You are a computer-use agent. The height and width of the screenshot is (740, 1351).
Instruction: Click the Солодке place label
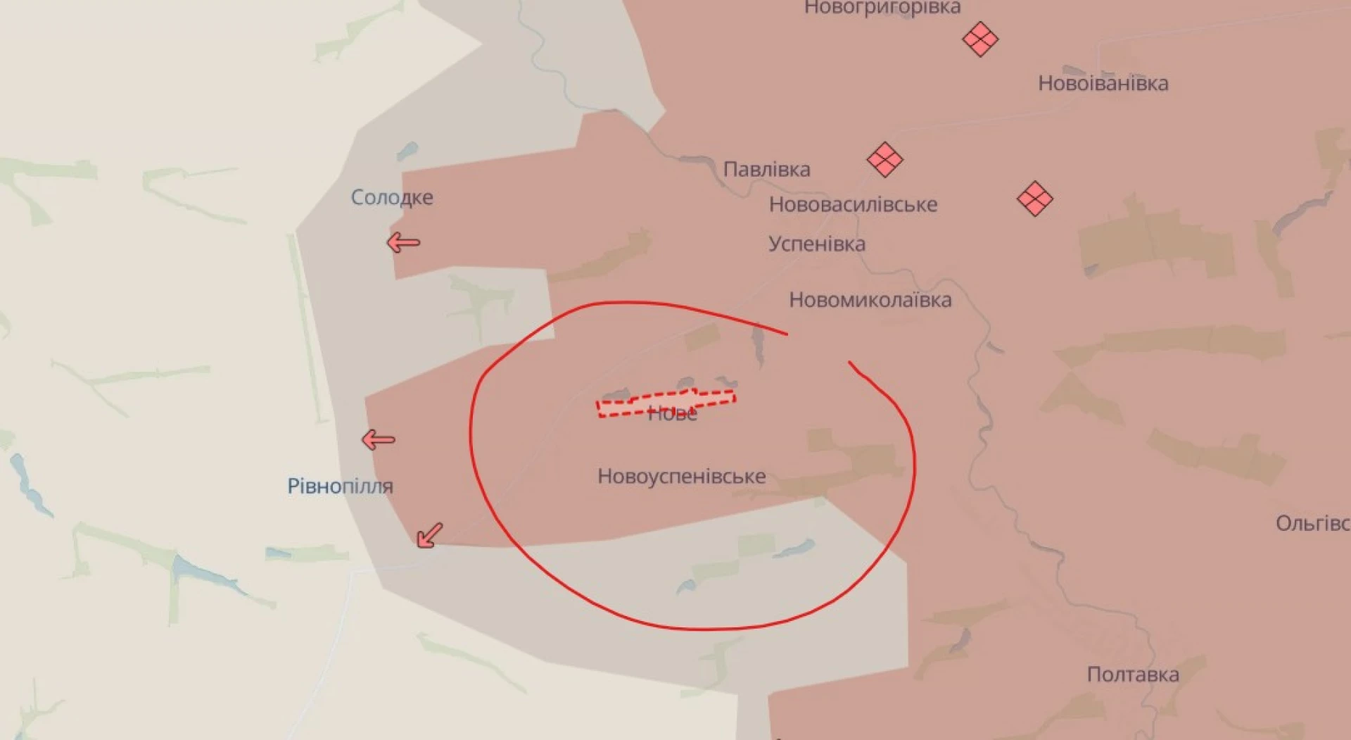(392, 197)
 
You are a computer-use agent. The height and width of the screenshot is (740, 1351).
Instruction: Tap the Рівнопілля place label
(340, 486)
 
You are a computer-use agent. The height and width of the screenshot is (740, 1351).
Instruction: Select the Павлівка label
(766, 169)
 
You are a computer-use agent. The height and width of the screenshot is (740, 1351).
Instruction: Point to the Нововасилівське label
(853, 204)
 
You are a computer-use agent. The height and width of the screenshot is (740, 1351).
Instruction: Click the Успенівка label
(816, 244)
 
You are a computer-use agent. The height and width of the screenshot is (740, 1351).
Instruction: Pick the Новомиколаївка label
(870, 299)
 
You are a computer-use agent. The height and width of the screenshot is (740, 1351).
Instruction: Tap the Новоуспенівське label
(681, 476)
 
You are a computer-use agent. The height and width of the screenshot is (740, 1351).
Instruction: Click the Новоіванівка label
(1103, 83)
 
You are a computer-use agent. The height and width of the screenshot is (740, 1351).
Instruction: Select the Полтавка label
(1132, 674)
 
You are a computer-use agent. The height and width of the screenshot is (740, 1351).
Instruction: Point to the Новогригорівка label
(882, 8)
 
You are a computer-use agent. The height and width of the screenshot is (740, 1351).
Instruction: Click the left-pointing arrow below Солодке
(403, 243)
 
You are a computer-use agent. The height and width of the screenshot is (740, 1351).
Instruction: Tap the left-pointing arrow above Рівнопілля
(378, 440)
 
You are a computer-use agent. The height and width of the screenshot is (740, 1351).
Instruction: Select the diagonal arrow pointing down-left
(429, 535)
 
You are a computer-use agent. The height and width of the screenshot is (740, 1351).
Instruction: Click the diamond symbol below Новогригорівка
(979, 39)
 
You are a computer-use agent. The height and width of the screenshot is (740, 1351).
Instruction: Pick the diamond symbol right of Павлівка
(884, 159)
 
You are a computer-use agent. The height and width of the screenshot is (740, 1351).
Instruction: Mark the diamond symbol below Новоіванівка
(1034, 199)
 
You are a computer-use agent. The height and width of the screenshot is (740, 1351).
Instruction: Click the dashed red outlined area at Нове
(665, 403)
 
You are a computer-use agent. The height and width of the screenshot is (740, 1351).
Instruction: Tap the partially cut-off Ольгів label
(1312, 523)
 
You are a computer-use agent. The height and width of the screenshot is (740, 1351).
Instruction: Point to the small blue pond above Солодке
(407, 151)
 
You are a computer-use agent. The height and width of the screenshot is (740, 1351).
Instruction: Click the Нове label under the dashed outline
(672, 415)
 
